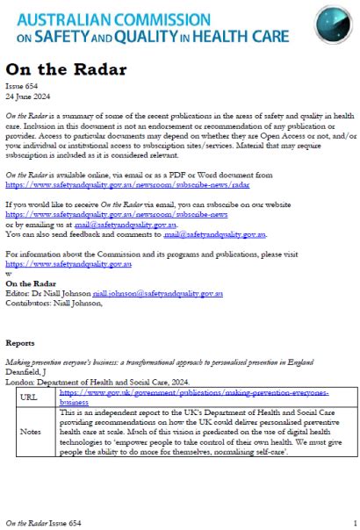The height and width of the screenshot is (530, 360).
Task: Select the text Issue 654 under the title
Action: click(x=20, y=90)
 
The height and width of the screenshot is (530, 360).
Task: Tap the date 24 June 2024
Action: click(x=26, y=100)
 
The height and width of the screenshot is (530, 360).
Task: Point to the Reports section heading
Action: click(x=20, y=343)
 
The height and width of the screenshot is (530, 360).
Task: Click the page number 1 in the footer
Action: click(x=354, y=521)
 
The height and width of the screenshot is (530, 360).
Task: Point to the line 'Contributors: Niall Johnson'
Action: click(x=54, y=302)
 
